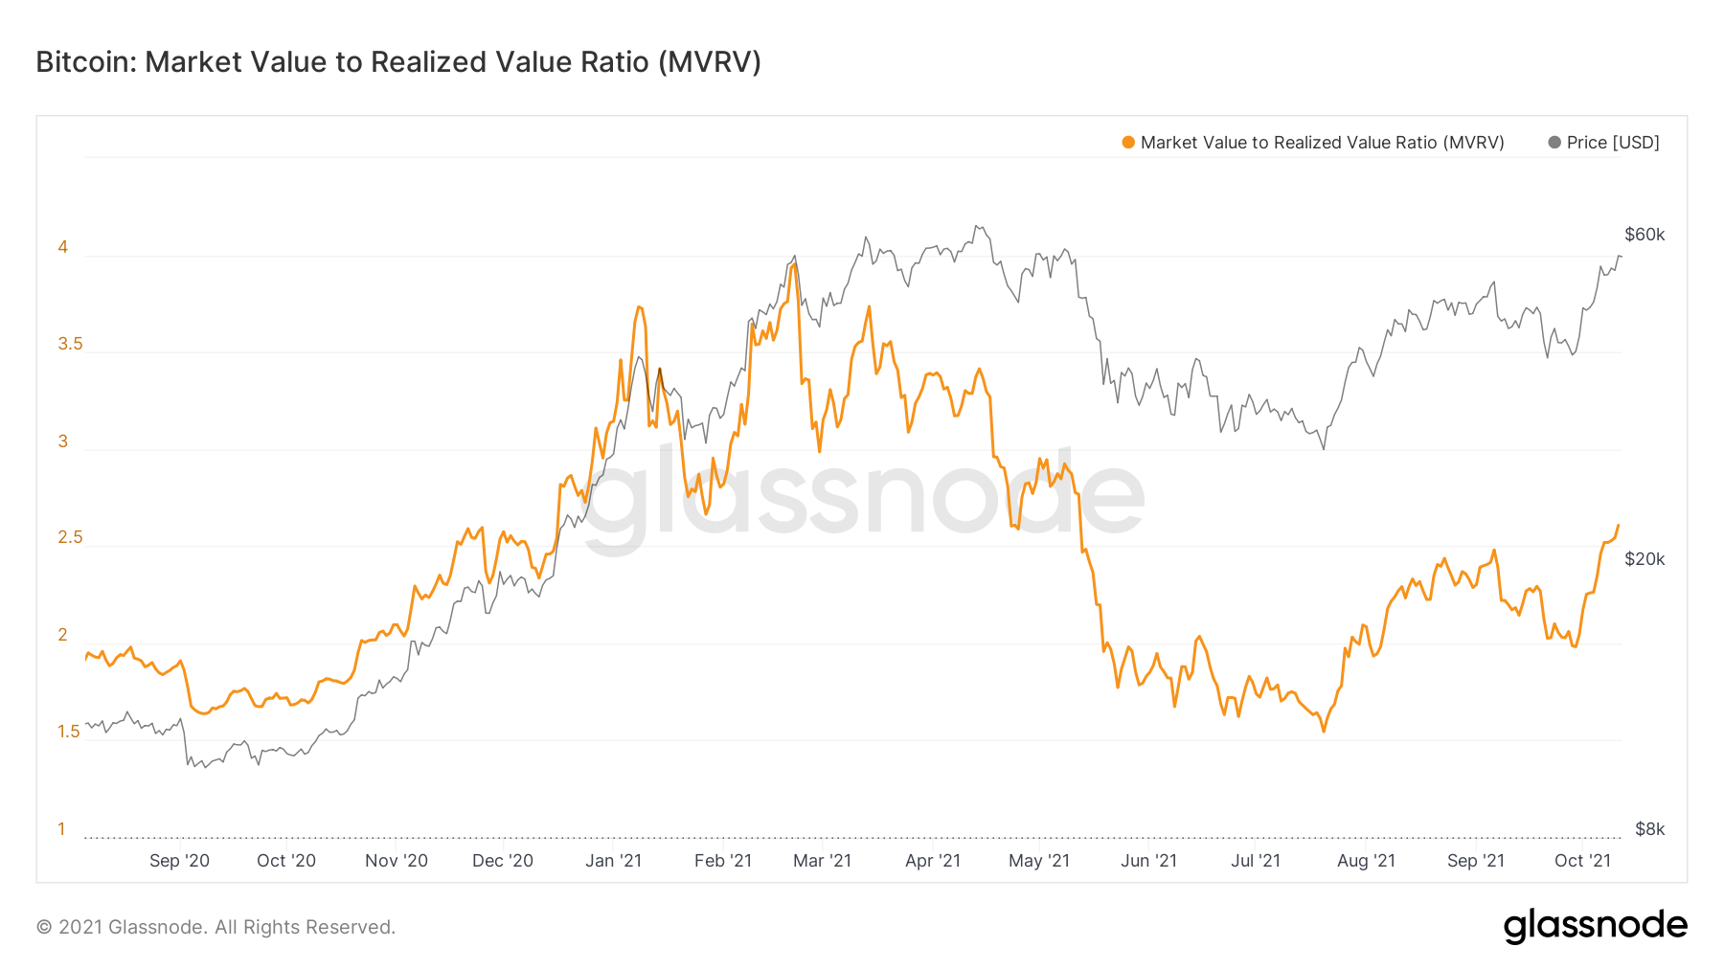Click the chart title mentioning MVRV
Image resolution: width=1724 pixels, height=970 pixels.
(x=398, y=62)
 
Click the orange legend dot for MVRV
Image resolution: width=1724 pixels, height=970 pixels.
(x=1128, y=143)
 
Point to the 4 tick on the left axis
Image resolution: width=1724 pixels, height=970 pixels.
(x=63, y=247)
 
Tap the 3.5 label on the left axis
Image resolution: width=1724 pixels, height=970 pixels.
(x=70, y=344)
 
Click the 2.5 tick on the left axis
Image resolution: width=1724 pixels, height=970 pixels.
(x=70, y=537)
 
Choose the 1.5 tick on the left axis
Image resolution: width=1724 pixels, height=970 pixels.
(x=69, y=732)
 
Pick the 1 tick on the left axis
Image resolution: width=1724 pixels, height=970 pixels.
(x=62, y=829)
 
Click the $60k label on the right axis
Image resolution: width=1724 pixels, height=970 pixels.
(x=1645, y=235)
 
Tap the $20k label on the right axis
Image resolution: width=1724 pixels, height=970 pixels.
(x=1645, y=559)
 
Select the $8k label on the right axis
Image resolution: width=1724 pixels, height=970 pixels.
(x=1649, y=829)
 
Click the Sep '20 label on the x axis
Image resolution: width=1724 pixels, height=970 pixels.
(x=179, y=861)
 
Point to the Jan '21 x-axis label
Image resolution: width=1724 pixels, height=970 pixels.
(x=613, y=861)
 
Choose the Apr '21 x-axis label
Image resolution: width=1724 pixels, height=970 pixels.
(x=932, y=861)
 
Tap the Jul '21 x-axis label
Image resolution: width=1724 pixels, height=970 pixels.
(x=1255, y=861)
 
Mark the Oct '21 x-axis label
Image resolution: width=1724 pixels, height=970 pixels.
(x=1582, y=861)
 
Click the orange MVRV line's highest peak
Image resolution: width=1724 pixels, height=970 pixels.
(x=794, y=265)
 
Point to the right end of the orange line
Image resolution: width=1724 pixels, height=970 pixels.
(x=1618, y=526)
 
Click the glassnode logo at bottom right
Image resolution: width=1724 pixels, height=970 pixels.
(x=1595, y=926)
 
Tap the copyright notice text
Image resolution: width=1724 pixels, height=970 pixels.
(x=215, y=927)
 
